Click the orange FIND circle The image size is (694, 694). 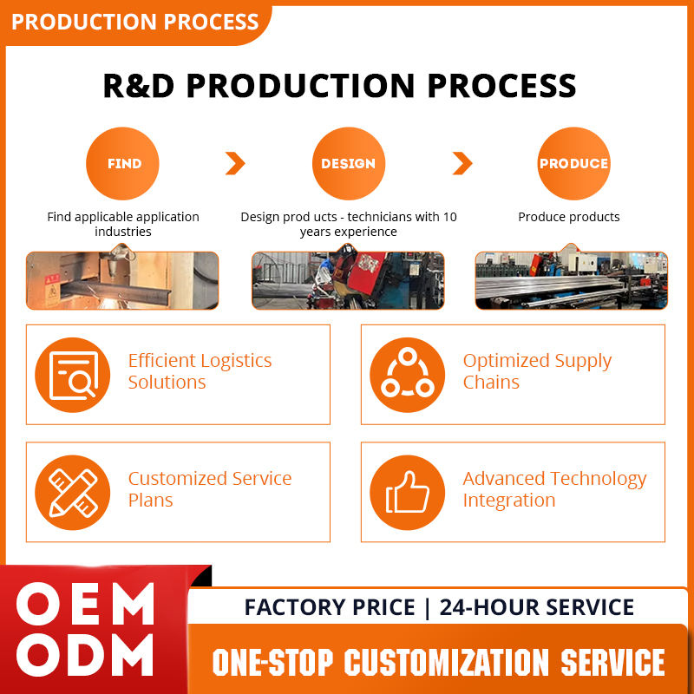click(x=122, y=163)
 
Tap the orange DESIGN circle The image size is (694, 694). click(x=348, y=163)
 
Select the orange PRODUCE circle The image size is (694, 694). click(x=573, y=163)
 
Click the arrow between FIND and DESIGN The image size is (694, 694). click(x=235, y=163)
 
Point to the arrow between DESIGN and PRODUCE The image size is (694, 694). click(x=462, y=163)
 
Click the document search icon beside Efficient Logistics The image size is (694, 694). click(x=72, y=375)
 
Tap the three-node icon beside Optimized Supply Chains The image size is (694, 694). click(x=407, y=375)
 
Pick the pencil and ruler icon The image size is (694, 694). click(x=72, y=492)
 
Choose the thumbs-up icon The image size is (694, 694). click(x=407, y=492)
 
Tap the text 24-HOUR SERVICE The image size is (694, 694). click(x=537, y=607)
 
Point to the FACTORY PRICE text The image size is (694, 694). click(x=330, y=607)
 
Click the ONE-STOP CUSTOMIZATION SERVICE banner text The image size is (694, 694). click(x=438, y=662)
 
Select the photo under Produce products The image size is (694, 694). click(x=571, y=280)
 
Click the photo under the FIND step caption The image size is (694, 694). click(x=122, y=280)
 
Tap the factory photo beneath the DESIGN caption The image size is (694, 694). click(x=348, y=280)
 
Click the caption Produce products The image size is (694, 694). click(x=569, y=217)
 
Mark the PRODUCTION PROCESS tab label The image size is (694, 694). click(x=134, y=22)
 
